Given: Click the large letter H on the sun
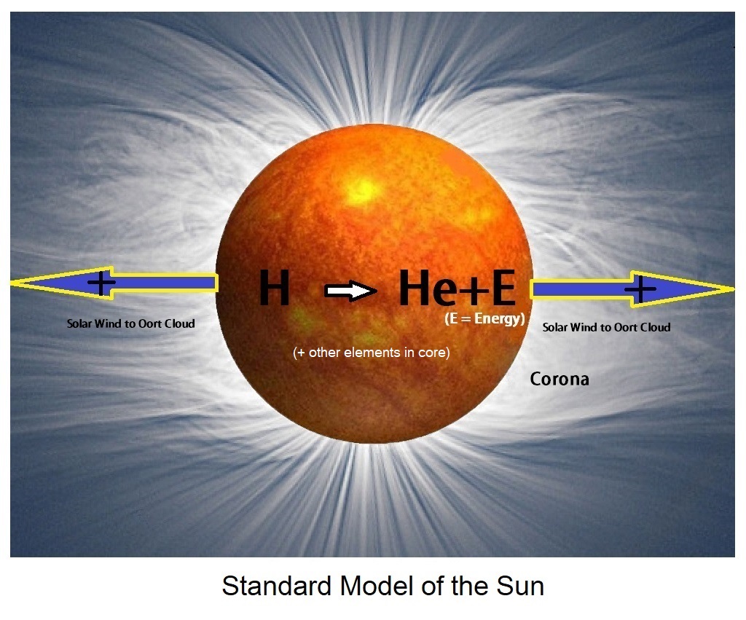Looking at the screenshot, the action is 275,287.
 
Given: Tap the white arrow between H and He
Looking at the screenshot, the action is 350,291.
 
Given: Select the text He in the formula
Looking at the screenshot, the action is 428,287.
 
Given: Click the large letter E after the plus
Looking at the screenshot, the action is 504,287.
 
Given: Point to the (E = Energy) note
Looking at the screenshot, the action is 484,318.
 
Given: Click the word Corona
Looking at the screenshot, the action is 559,380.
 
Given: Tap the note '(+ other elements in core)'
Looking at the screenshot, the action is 372,353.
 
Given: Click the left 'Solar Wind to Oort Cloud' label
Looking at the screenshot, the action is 131,323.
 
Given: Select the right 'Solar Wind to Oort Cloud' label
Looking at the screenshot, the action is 607,327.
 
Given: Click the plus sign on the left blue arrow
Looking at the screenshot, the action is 101,283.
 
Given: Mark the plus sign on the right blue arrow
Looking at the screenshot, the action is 640,289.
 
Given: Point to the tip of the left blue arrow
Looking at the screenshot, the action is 12,283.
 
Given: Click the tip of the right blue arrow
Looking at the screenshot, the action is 734,289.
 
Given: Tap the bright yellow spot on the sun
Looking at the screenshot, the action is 364,191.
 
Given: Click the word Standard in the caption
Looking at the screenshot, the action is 276,586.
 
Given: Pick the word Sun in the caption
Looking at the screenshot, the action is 520,586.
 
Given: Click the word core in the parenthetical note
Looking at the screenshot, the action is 431,353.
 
